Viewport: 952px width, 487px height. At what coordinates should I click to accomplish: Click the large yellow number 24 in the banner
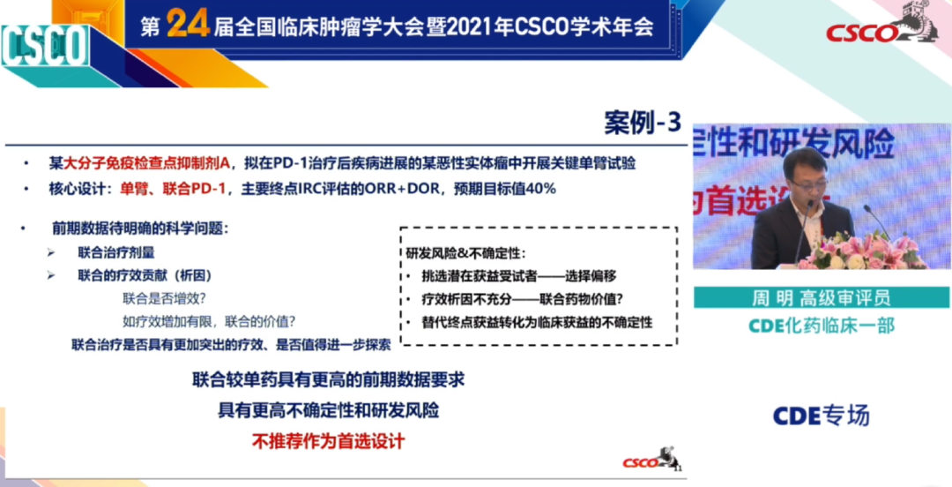[x=188, y=24]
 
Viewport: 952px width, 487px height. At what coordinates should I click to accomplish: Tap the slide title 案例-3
[x=643, y=123]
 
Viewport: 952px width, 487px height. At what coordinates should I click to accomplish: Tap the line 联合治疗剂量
[x=116, y=252]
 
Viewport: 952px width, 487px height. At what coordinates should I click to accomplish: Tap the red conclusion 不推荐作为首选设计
[x=328, y=441]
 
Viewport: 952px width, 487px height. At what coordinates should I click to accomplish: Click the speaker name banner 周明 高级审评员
[x=822, y=298]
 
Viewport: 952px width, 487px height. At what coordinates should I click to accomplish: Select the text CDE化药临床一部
[x=822, y=326]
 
